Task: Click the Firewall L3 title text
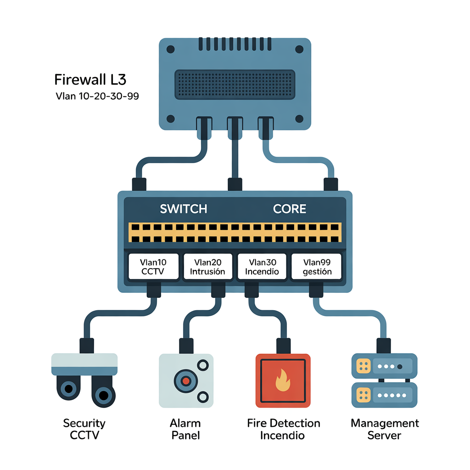90,79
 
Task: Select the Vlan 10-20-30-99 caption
97,96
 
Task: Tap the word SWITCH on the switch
184,209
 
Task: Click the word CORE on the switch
290,209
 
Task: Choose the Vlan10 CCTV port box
153,267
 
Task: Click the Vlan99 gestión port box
317,267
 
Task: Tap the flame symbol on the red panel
283,381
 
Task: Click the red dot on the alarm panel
185,381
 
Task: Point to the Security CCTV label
84,429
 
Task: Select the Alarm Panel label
185,429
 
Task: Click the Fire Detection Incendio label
283,429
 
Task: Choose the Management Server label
385,429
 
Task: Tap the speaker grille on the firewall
235,84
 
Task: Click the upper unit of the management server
384,366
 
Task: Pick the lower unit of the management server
384,395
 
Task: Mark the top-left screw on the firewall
170,49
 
